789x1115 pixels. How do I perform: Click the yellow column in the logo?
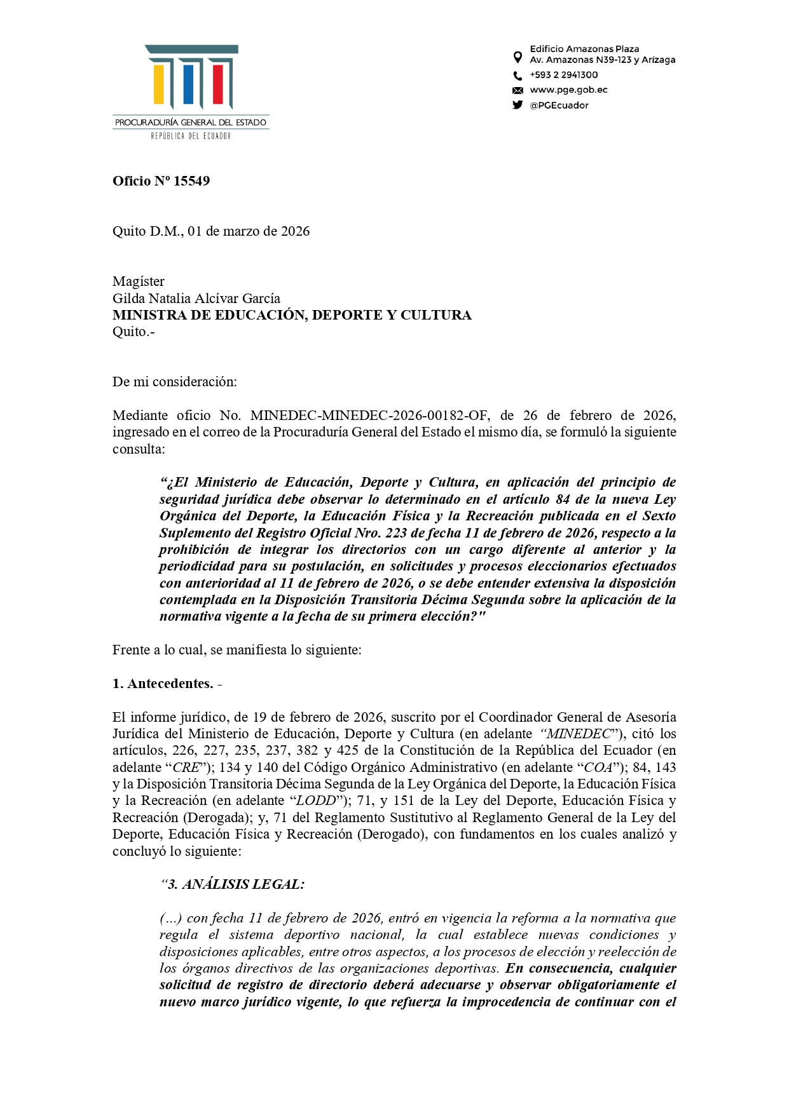tap(159, 84)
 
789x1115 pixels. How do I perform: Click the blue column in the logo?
tap(188, 84)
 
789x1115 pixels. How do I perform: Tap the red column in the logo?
tap(218, 84)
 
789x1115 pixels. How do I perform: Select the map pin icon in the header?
tap(518, 57)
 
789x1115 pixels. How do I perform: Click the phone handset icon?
tap(518, 76)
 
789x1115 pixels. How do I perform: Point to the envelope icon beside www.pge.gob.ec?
tap(518, 90)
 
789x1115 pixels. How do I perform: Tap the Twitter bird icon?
tap(518, 105)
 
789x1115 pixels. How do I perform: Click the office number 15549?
tap(191, 181)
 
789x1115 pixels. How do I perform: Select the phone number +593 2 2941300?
tap(563, 75)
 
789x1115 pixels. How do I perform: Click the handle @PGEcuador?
tap(559, 105)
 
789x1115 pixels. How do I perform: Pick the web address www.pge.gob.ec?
tap(568, 90)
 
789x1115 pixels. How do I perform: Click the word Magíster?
tap(139, 281)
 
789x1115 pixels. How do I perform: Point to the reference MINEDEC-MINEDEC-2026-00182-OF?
tap(369, 416)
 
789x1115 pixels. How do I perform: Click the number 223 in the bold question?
tap(396, 533)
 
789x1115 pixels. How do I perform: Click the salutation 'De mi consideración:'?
tap(174, 382)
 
